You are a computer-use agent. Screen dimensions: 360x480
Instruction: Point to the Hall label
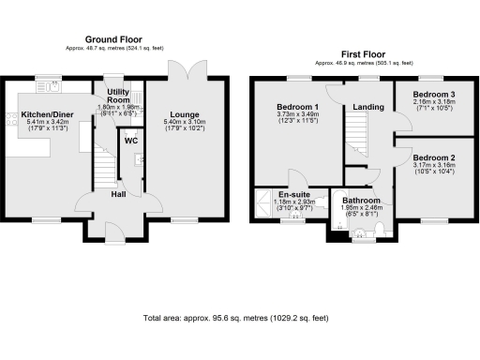coord(120,194)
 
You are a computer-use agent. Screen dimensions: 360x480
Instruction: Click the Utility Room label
coord(118,95)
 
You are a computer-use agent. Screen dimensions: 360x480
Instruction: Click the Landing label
coord(368,107)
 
